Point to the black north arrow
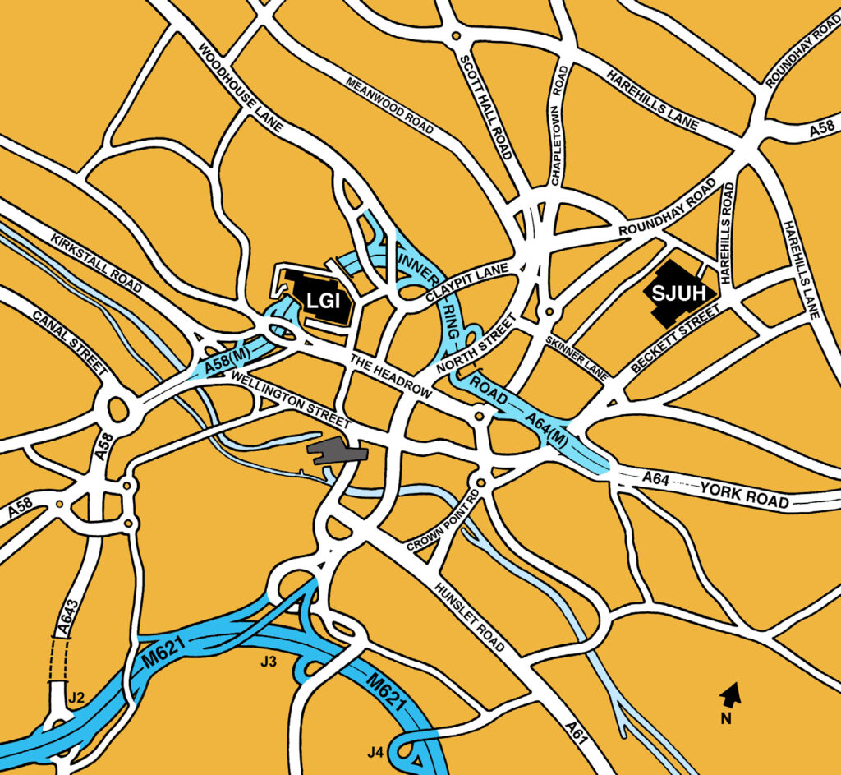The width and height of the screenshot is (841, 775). (728, 695)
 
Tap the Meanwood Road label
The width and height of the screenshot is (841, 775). (388, 107)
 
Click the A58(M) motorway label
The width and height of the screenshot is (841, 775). (228, 360)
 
